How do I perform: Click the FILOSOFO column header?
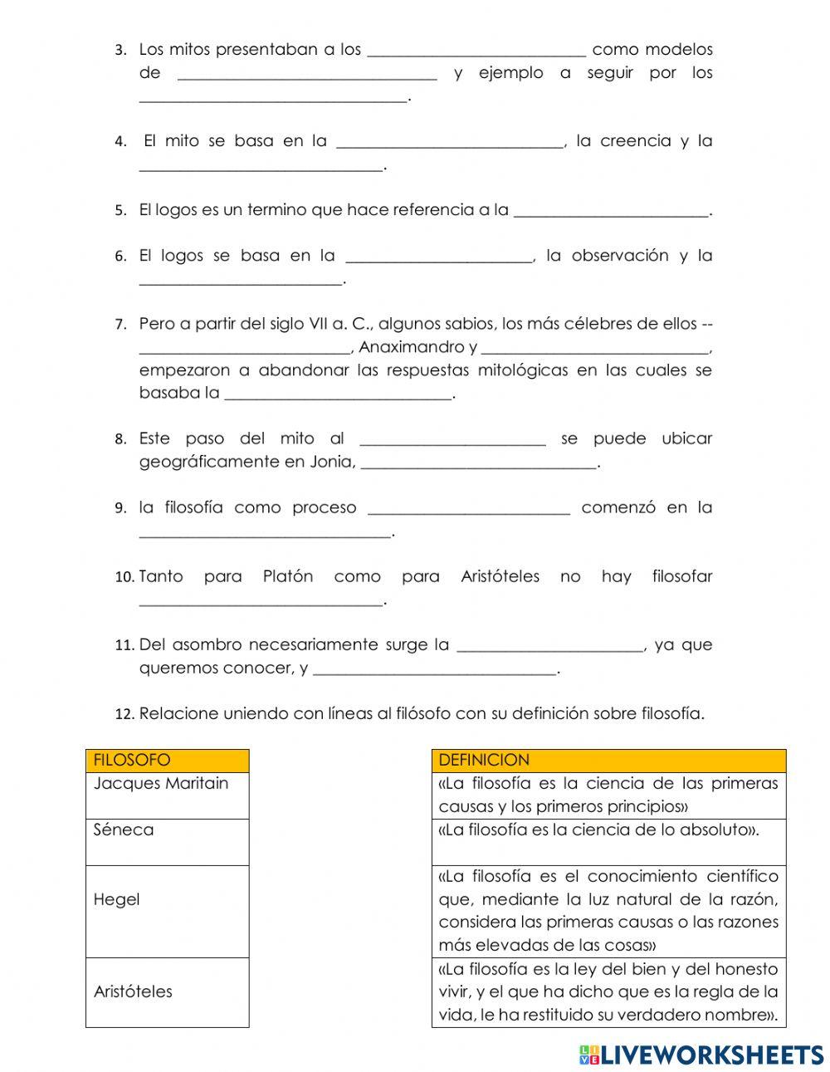167,761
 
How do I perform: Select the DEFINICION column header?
608,761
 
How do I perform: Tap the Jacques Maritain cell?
167,795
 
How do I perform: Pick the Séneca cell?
167,842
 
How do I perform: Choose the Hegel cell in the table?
167,911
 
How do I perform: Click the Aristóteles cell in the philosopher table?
167,991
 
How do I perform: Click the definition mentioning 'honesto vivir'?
608,991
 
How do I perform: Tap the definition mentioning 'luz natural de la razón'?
608,911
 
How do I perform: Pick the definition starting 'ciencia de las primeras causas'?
608,795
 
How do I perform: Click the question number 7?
120,325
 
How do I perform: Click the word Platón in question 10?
287,576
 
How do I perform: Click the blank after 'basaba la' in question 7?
339,394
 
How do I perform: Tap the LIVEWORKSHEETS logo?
701,1055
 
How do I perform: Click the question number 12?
124,714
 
